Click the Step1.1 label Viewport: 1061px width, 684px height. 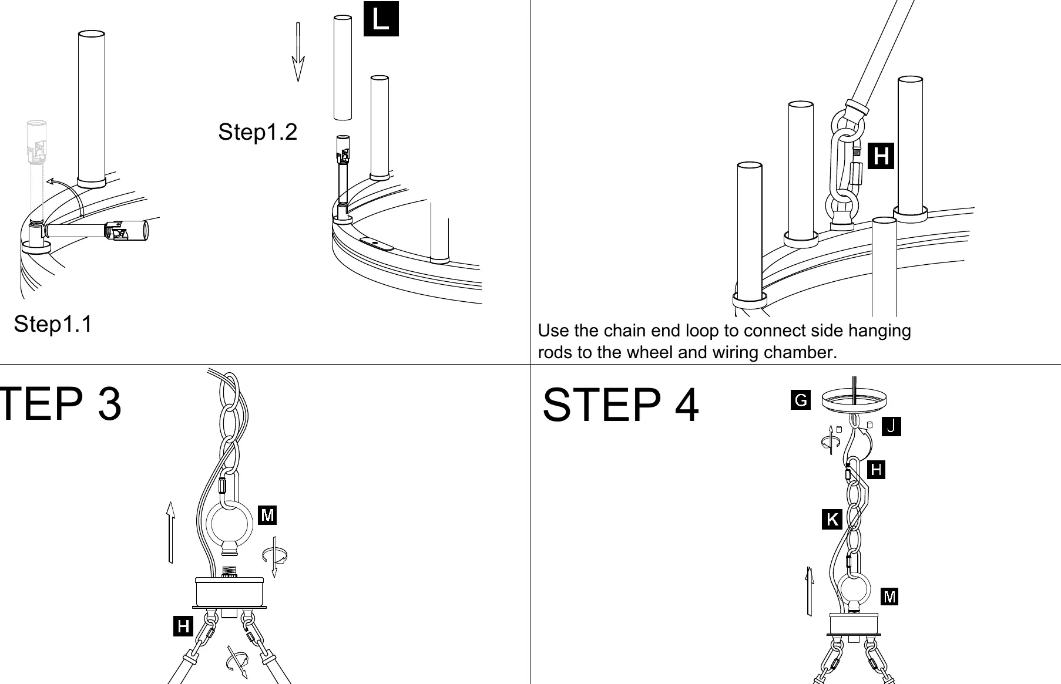[x=53, y=324]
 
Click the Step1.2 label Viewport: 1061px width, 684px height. [x=257, y=132]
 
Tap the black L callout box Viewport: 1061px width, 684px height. [x=381, y=19]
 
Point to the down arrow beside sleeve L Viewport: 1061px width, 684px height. [x=298, y=52]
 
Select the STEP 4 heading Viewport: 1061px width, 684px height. [x=620, y=405]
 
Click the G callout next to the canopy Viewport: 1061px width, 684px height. [x=801, y=400]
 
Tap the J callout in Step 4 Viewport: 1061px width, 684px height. [x=891, y=426]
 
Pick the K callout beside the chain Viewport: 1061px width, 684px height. [x=832, y=520]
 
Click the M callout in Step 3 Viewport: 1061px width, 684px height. [x=267, y=515]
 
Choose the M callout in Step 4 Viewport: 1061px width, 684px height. [x=889, y=597]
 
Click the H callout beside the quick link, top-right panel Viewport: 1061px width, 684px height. [x=881, y=156]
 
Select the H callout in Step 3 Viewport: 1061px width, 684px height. [x=183, y=626]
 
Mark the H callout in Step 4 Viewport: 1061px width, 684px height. [x=876, y=469]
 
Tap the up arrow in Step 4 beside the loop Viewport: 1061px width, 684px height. [x=809, y=591]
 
